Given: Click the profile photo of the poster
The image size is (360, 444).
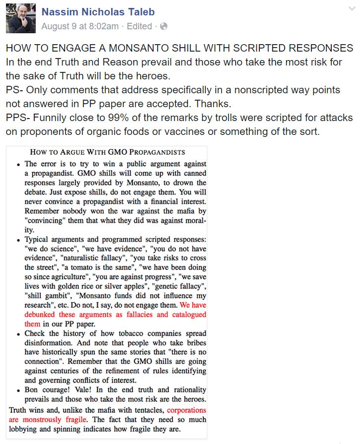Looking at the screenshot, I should [20, 18].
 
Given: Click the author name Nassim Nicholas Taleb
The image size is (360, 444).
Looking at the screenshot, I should [98, 12].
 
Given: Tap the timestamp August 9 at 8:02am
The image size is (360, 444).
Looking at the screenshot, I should [80, 26].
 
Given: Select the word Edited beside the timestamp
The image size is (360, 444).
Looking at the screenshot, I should [139, 26].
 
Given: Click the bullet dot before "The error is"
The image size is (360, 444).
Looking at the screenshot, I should [18, 164].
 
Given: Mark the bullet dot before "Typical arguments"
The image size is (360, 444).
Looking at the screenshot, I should [18, 239].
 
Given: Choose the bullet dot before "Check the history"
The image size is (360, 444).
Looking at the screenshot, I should [18, 334].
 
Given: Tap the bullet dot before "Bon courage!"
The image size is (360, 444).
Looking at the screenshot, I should [18, 390].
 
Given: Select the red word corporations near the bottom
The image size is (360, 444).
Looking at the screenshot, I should [186, 410].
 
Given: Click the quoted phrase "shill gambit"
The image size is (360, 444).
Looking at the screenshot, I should [45, 296].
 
